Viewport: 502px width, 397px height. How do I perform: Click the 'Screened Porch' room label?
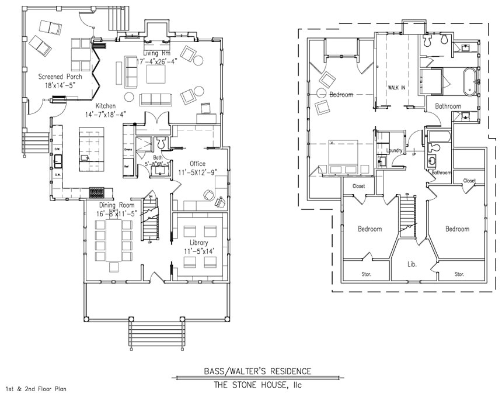point(60,77)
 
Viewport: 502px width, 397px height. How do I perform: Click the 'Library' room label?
point(198,242)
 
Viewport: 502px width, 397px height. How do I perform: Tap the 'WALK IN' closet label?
point(396,87)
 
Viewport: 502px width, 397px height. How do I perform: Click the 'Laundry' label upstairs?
point(395,150)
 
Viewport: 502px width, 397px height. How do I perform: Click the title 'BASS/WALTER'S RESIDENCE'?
point(257,371)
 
